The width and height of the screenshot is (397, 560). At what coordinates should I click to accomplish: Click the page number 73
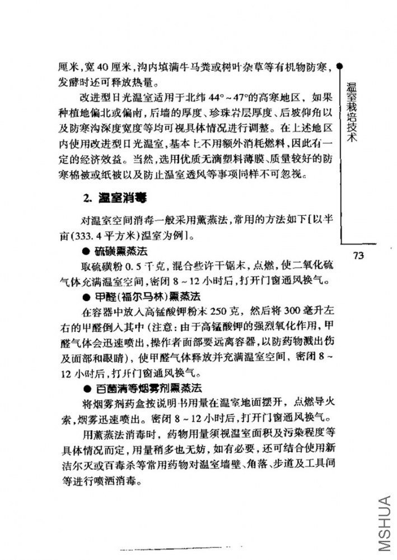359,256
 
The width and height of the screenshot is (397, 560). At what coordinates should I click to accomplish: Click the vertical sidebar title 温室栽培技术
352,112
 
